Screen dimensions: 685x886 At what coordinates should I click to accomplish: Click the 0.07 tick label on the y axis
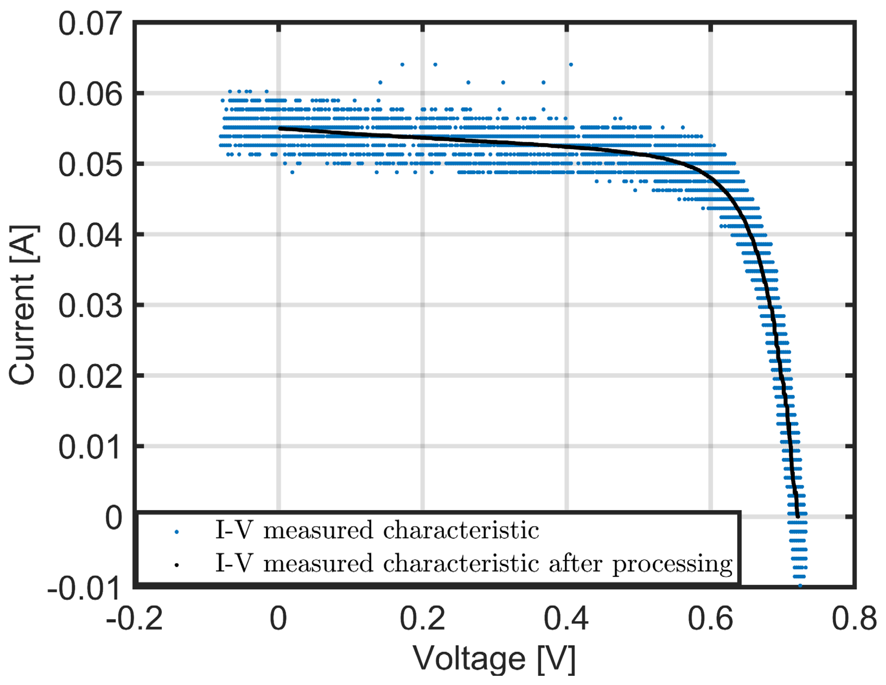[90, 24]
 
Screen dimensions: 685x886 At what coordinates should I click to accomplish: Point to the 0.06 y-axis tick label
[90, 94]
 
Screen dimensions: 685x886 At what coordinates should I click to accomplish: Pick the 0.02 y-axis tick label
[90, 377]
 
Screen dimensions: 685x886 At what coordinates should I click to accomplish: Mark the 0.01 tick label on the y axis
[90, 448]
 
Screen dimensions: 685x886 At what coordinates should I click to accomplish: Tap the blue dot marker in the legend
[177, 532]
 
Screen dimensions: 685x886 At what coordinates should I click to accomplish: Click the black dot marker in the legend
[177, 565]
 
